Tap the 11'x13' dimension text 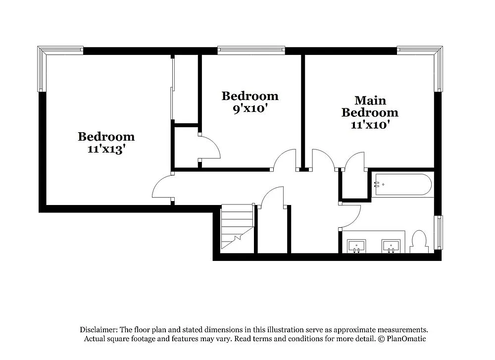pyautogui.click(x=106, y=149)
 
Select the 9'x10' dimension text pyautogui.click(x=249, y=108)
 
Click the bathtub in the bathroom pyautogui.click(x=402, y=184)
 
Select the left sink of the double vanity pyautogui.click(x=356, y=245)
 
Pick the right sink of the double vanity pyautogui.click(x=391, y=245)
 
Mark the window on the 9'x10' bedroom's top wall pyautogui.click(x=251, y=50)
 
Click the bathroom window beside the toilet pyautogui.click(x=438, y=232)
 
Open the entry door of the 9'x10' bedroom pyautogui.click(x=286, y=160)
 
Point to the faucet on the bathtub pyautogui.click(x=377, y=184)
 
